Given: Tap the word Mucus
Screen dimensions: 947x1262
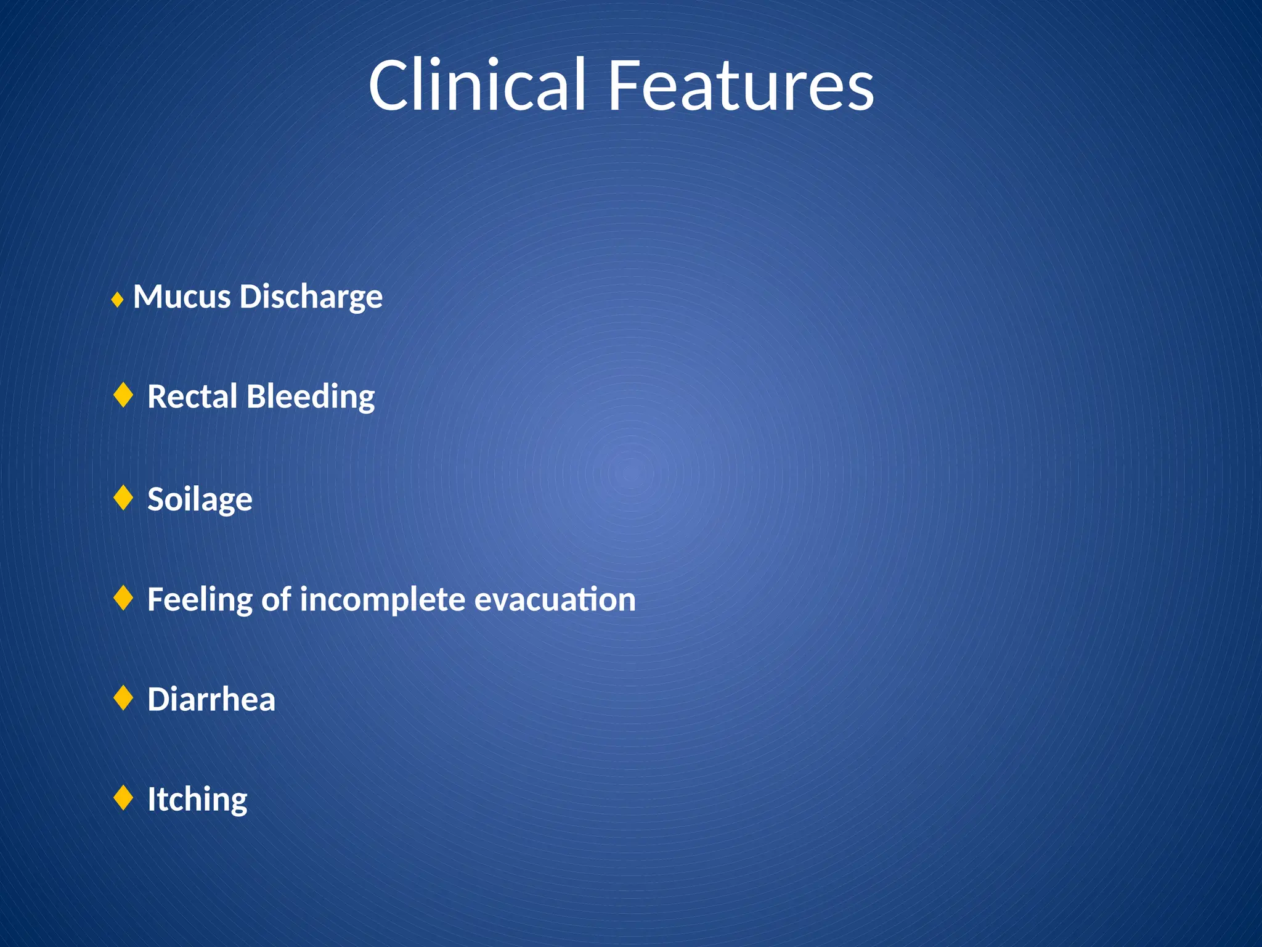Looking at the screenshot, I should [x=182, y=297].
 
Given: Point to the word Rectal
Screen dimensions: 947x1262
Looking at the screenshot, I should [x=192, y=396].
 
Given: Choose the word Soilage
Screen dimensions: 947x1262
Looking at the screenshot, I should [x=200, y=499].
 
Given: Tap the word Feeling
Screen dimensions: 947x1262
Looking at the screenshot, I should [x=200, y=600].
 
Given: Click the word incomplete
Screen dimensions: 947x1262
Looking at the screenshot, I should [x=382, y=600].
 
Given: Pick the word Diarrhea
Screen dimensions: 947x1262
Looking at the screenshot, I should [x=211, y=700].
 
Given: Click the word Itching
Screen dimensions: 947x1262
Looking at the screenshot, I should [x=197, y=800].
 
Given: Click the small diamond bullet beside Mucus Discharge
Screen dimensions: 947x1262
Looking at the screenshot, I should [x=118, y=301].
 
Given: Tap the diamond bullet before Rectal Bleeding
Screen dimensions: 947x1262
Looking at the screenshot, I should [x=124, y=395].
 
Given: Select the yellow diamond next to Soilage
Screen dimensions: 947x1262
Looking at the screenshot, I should [x=124, y=498].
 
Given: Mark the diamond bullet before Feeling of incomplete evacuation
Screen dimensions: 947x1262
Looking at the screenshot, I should [x=124, y=598].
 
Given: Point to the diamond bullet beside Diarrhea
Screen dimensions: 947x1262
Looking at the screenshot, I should [x=124, y=698].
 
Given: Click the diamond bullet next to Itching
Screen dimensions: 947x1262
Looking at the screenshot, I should [x=124, y=798].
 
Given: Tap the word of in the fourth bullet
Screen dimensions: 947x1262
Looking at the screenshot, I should [x=275, y=600].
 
